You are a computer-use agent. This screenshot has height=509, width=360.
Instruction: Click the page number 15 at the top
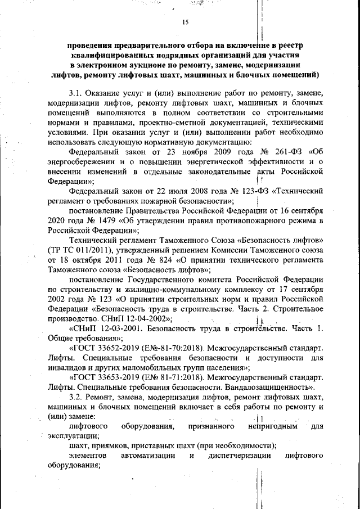(185, 23)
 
